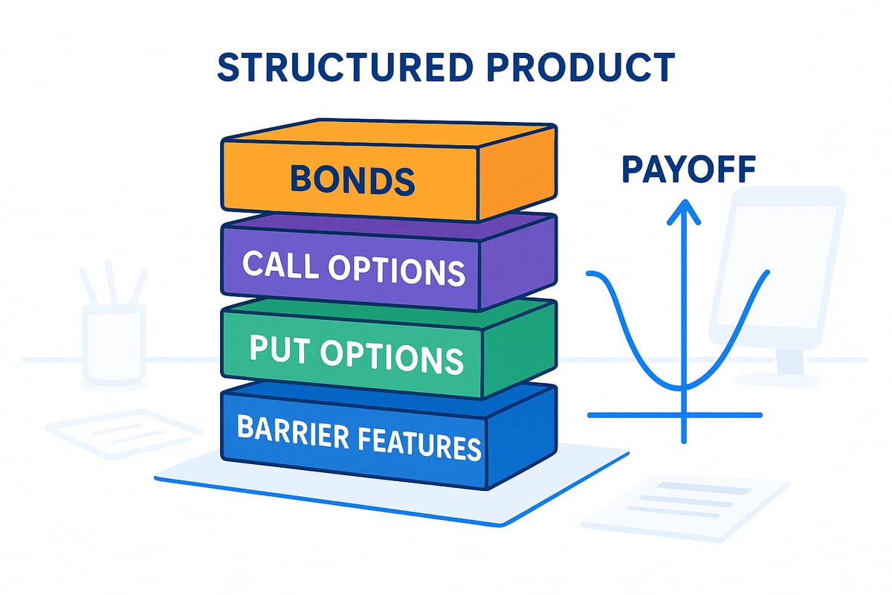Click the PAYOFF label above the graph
[688, 170]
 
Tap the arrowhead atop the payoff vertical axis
[683, 212]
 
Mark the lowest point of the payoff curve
[683, 386]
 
